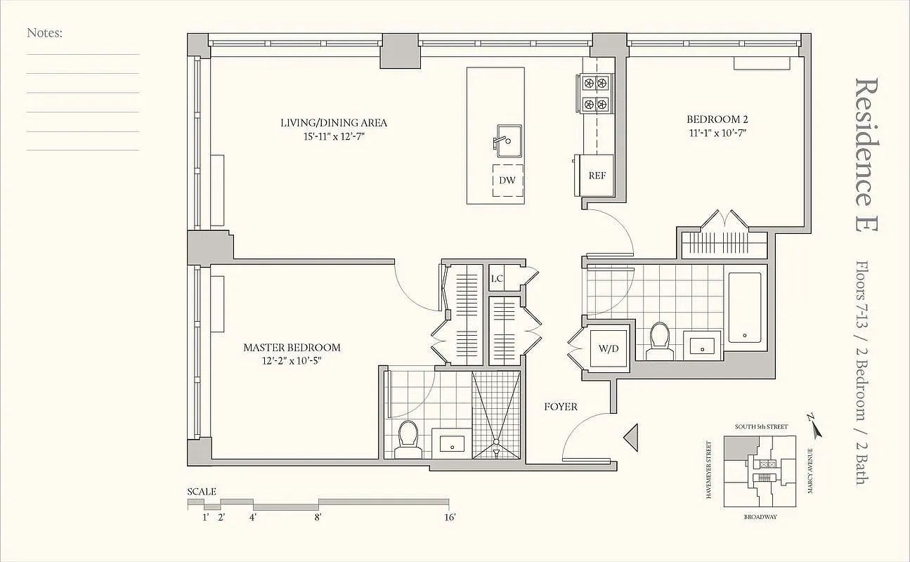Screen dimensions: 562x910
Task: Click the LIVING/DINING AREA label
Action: click(x=333, y=123)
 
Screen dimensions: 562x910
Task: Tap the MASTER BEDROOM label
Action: click(x=292, y=348)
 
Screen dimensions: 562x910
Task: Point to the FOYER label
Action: click(x=561, y=407)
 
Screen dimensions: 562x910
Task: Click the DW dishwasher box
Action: click(x=507, y=181)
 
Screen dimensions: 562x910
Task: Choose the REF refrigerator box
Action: click(x=597, y=176)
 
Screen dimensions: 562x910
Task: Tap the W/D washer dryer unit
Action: click(x=608, y=348)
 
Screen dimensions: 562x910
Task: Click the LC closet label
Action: click(x=497, y=278)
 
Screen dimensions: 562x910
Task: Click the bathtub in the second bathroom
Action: click(x=745, y=308)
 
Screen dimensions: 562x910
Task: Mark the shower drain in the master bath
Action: click(x=496, y=444)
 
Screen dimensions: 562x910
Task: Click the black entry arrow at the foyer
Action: click(x=630, y=437)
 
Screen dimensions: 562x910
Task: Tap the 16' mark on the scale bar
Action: click(x=450, y=518)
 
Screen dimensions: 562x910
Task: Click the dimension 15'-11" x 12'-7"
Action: click(x=333, y=136)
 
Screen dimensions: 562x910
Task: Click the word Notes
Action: click(x=45, y=32)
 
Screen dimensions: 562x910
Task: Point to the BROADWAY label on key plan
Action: click(x=761, y=516)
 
